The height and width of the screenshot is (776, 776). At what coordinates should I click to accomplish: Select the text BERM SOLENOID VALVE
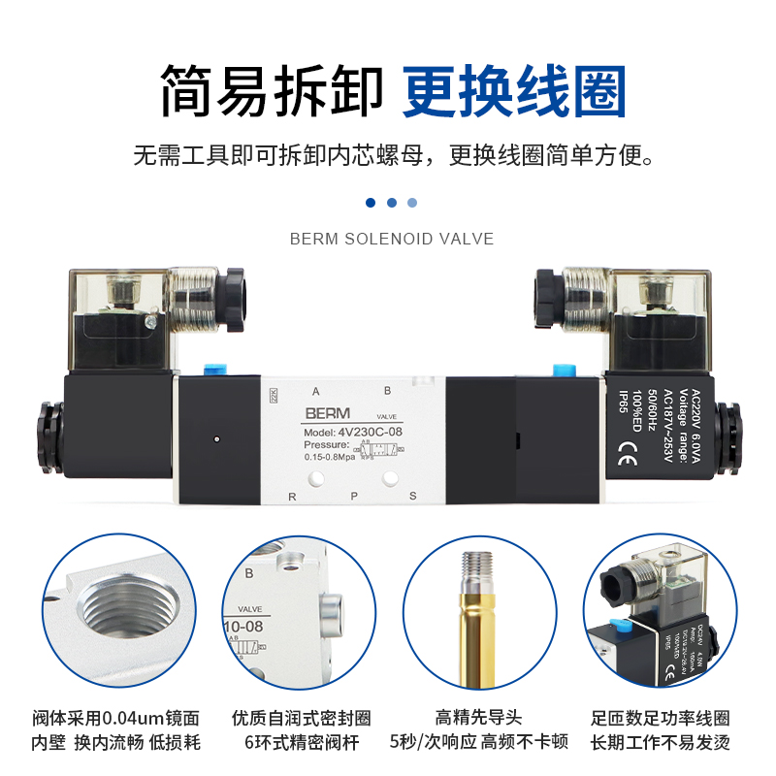392,239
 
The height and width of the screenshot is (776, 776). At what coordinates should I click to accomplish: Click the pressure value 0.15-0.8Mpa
327,457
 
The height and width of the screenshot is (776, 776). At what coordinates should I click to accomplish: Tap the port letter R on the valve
291,496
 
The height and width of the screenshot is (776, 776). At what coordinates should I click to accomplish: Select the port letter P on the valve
354,496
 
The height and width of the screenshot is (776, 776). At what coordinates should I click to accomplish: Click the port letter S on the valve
412,496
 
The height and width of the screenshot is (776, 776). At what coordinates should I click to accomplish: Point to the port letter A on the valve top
315,391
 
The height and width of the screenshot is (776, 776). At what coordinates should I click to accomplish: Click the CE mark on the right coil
627,448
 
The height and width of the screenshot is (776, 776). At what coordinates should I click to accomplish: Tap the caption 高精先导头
478,719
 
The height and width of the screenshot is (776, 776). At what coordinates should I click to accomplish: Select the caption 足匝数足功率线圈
661,719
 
